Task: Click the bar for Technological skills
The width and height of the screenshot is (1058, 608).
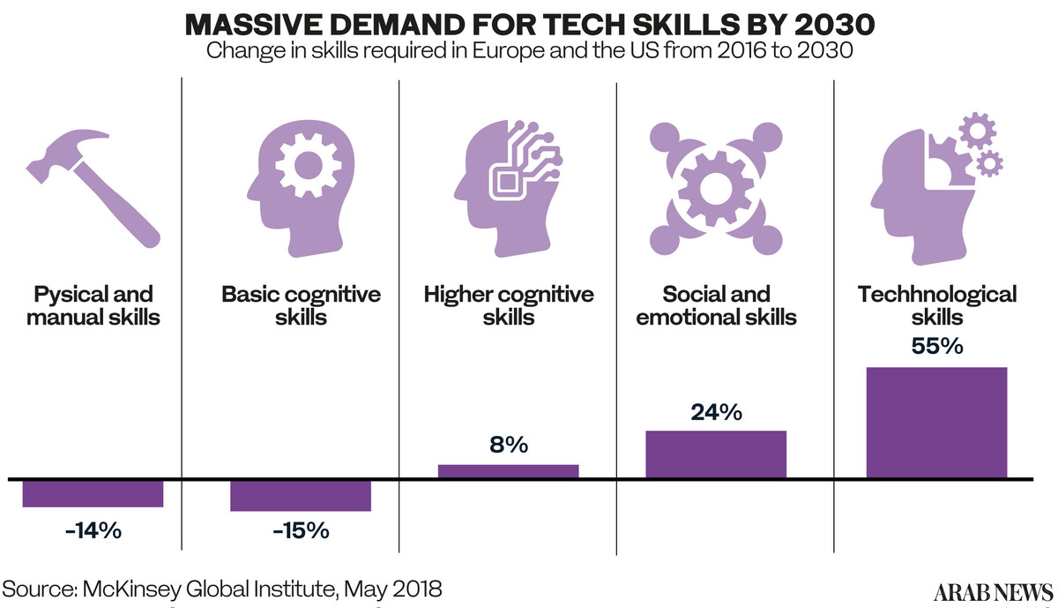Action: point(936,423)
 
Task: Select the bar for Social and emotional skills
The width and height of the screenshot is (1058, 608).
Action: point(716,454)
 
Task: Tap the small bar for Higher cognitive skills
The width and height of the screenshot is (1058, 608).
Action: point(509,471)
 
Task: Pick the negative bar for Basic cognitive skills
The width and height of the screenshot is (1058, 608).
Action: point(301,496)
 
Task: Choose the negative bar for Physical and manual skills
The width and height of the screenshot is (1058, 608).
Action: point(93,493)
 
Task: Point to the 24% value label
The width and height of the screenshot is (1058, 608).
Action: point(716,411)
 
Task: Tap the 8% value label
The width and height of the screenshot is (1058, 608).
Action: point(509,445)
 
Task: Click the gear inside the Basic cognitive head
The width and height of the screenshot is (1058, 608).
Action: point(302,167)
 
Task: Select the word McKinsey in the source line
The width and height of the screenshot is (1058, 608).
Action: point(161,588)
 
